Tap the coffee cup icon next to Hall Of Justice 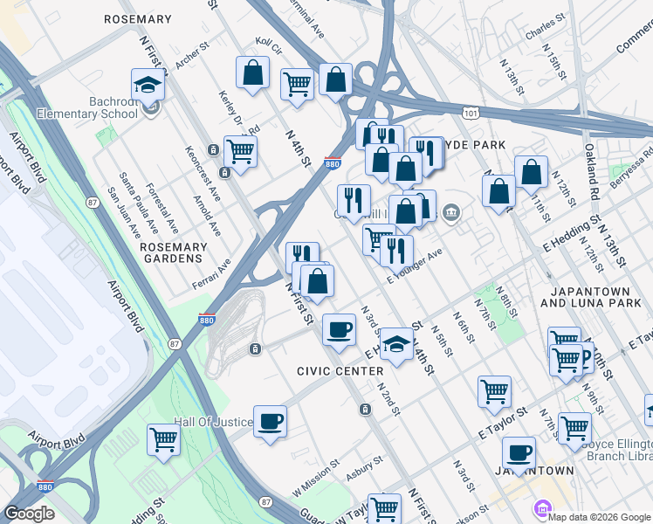point(270,422)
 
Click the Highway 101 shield point(471,114)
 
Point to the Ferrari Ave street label point(211,275)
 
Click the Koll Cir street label point(269,44)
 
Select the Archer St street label point(187,59)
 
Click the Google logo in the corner point(29,514)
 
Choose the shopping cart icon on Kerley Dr point(239,150)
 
